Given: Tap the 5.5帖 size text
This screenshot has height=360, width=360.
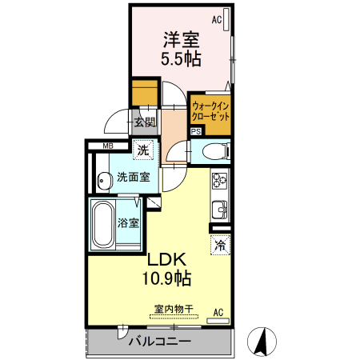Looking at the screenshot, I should pyautogui.click(x=182, y=58).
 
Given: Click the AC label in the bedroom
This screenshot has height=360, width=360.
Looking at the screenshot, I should pyautogui.click(x=217, y=19).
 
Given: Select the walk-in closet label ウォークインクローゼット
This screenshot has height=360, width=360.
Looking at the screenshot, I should pyautogui.click(x=210, y=110).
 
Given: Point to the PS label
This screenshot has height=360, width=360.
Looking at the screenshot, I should pyautogui.click(x=196, y=133).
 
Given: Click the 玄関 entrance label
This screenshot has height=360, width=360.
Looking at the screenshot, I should pyautogui.click(x=144, y=122).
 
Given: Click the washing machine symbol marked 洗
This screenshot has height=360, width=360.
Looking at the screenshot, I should pyautogui.click(x=142, y=150).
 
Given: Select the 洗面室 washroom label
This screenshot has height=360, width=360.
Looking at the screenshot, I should pyautogui.click(x=133, y=177).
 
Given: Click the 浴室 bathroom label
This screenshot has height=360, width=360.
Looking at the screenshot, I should pyautogui.click(x=129, y=223).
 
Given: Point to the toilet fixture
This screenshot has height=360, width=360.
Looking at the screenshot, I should pyautogui.click(x=211, y=151).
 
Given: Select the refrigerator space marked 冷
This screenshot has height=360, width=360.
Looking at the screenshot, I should pyautogui.click(x=218, y=246).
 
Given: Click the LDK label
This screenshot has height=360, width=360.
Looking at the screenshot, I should pyautogui.click(x=166, y=260).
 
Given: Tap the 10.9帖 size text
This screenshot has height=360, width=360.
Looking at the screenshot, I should pyautogui.click(x=166, y=278).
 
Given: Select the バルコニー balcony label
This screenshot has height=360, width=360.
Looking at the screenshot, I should pyautogui.click(x=160, y=342).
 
